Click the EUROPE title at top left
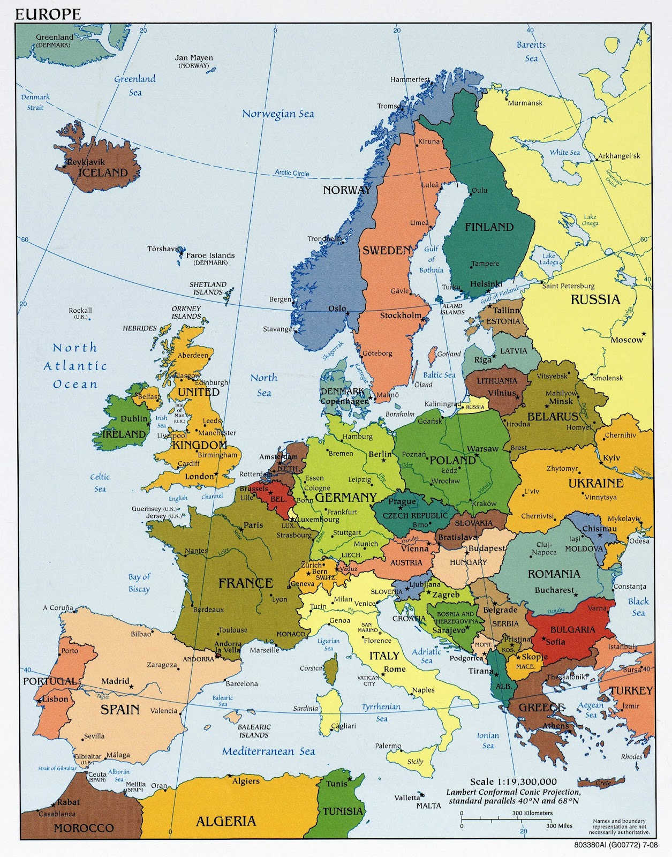(48, 14)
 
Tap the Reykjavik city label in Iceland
(86, 162)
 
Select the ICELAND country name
(103, 173)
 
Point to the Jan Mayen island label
(194, 58)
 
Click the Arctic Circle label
(292, 173)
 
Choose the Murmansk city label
(525, 103)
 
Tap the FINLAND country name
(489, 227)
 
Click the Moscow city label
(626, 340)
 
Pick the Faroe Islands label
(210, 255)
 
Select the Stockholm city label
(401, 315)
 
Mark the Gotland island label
(449, 354)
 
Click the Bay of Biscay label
(139, 583)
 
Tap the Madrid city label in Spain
(115, 681)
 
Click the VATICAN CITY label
(369, 681)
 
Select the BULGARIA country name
(572, 629)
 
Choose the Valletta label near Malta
(407, 798)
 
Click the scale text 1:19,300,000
(513, 782)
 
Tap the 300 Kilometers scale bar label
(532, 813)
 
